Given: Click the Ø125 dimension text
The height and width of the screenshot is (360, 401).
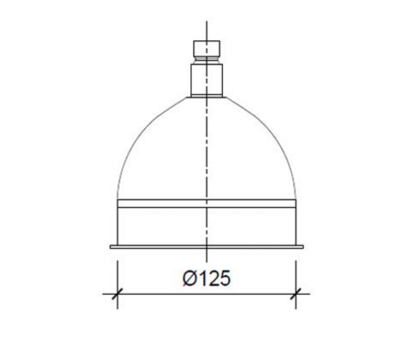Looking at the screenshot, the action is [207, 278].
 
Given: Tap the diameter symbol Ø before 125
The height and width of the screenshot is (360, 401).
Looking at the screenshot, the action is [190, 278].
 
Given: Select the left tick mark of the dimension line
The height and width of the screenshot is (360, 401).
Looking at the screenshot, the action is [117, 294].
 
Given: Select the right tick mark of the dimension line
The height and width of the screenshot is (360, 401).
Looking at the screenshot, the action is [296, 294].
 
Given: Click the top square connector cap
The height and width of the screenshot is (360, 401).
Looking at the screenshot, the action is [207, 48].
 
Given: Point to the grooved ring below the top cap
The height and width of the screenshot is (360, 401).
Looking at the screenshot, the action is [207, 61].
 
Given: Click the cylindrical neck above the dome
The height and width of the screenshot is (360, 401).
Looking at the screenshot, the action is [207, 80].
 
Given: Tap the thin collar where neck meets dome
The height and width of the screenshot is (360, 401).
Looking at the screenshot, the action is [207, 96].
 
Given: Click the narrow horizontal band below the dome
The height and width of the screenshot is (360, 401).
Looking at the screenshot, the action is [207, 203].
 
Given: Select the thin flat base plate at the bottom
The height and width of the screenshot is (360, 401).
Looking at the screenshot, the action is [207, 247].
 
